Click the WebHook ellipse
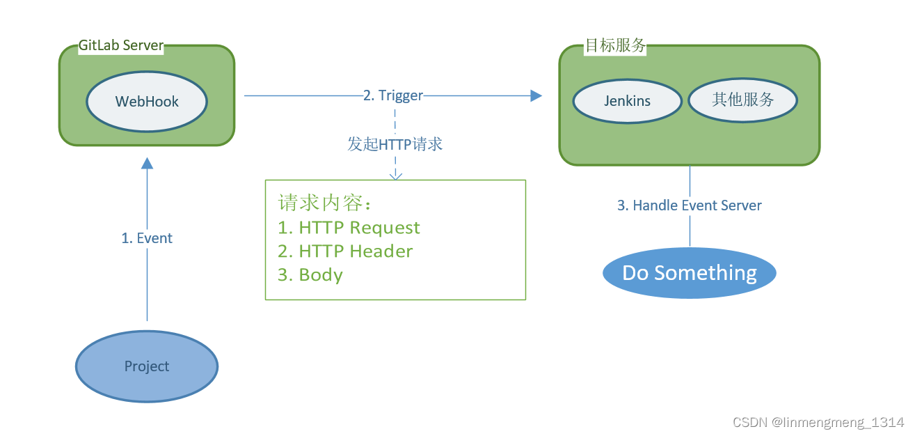(x=147, y=101)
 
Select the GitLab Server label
(x=121, y=46)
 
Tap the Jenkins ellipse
(x=627, y=100)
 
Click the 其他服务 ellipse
(x=742, y=100)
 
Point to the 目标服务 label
(x=614, y=46)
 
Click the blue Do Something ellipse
(x=689, y=272)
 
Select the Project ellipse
(x=147, y=366)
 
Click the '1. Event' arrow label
(x=147, y=238)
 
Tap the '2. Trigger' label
(x=392, y=95)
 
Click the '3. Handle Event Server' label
(x=690, y=205)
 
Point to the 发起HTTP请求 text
(x=395, y=144)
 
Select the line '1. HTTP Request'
(x=349, y=228)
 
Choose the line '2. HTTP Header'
(x=345, y=251)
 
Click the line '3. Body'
(x=310, y=275)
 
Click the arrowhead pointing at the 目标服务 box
(x=536, y=95)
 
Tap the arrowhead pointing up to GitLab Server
(x=147, y=163)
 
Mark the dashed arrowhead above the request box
(x=395, y=176)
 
